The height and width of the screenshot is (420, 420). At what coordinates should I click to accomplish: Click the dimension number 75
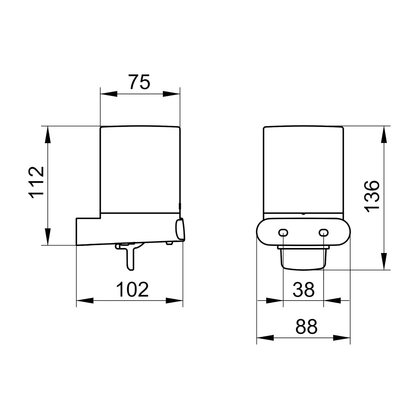point(139,81)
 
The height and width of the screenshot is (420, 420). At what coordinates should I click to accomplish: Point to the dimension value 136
point(372,197)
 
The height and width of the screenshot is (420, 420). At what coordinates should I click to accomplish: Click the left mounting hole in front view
point(283,232)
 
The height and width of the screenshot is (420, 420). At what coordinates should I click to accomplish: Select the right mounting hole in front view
point(323,232)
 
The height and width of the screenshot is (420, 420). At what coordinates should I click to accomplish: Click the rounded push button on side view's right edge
point(180,230)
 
